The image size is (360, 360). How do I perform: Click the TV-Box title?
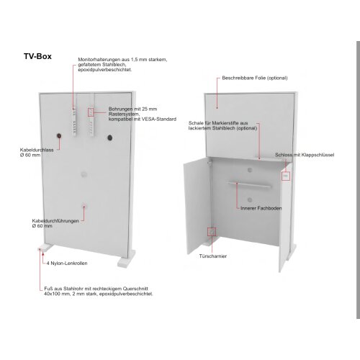coord(37,56)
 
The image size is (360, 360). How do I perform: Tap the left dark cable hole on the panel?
coord(59,136)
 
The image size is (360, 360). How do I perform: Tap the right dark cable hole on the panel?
coord(110,138)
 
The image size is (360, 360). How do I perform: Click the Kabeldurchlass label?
coord(37,150)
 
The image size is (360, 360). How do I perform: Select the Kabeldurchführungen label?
coord(55,221)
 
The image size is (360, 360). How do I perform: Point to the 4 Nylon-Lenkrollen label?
coord(67,264)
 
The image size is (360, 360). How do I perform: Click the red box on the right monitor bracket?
coord(91,112)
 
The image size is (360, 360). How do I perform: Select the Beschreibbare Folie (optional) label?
coord(255,78)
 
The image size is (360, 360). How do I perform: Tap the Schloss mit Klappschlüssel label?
coord(305,155)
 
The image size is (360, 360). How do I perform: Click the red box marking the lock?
coord(286,176)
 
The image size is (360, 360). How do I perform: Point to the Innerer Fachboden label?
coord(261,208)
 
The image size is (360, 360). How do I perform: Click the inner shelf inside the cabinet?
coord(249,184)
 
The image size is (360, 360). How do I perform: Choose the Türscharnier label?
coord(213,256)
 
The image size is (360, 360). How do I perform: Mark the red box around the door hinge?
coord(212,232)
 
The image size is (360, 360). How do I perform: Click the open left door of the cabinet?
coord(197,207)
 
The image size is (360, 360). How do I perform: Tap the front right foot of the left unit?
coord(127,262)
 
